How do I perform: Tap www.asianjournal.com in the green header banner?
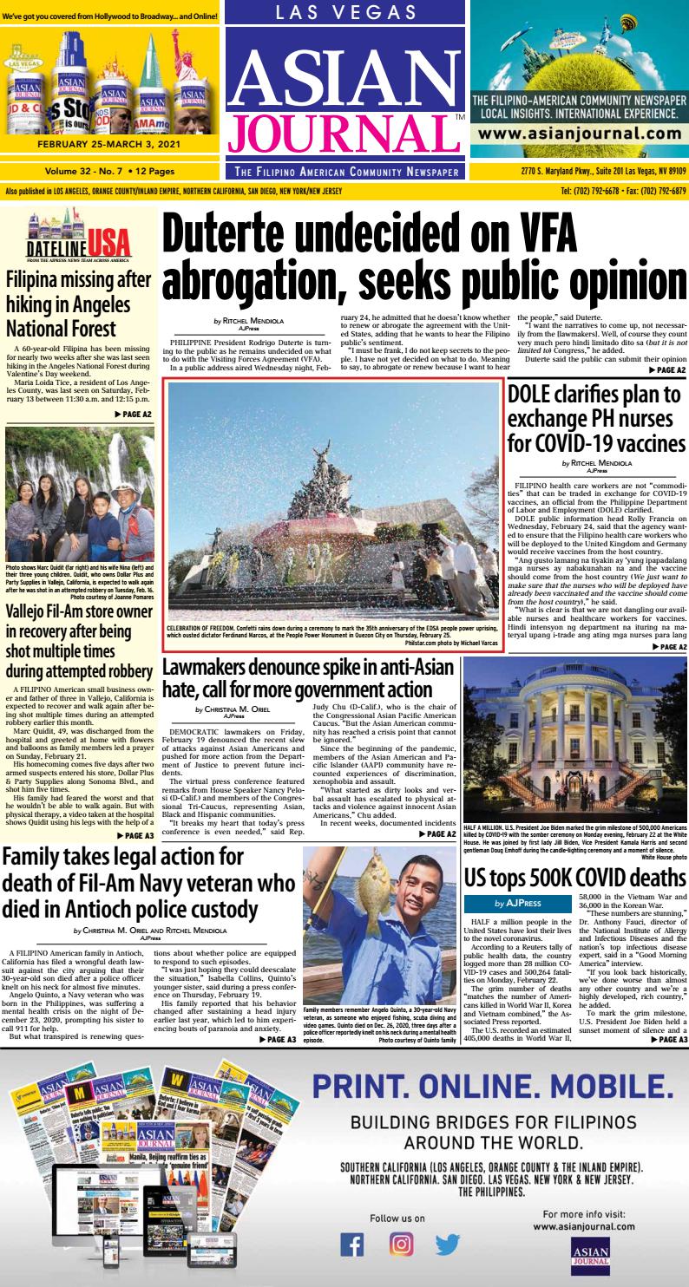[579, 134]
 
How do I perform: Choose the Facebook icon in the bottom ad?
[351, 1244]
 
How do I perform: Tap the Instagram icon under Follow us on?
[400, 1244]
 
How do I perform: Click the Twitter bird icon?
[448, 1244]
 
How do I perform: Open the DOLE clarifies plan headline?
[596, 420]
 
